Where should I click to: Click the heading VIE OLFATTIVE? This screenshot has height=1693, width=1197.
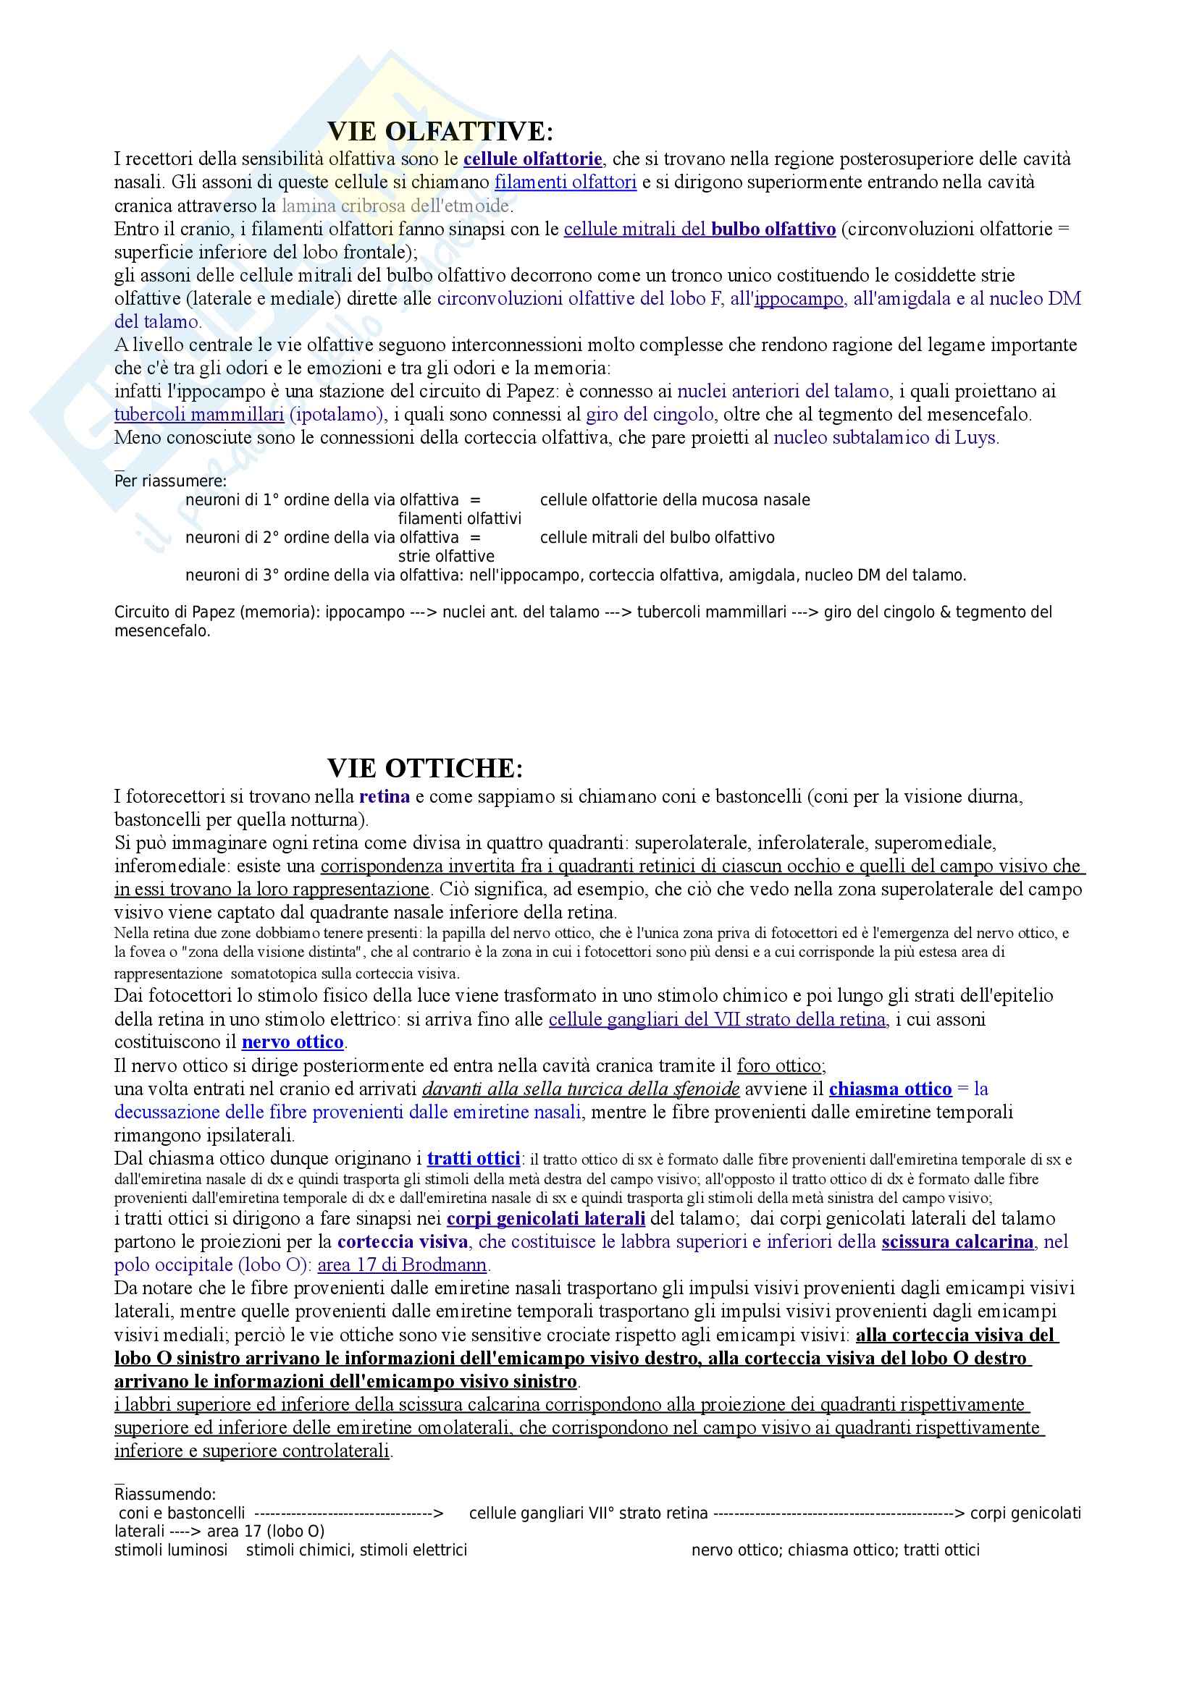tap(440, 131)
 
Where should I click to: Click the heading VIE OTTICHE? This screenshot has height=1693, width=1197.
tap(425, 769)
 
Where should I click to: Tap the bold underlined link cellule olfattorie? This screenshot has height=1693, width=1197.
tap(532, 159)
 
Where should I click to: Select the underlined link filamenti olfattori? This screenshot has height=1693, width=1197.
tap(565, 182)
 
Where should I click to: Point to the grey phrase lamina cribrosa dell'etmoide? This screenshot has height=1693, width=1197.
tap(395, 206)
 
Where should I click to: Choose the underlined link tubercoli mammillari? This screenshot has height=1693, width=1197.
tap(199, 415)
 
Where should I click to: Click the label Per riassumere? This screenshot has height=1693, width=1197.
tap(170, 481)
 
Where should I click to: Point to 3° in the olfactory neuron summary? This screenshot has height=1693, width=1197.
tap(271, 575)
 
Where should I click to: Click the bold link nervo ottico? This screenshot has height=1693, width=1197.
tap(293, 1042)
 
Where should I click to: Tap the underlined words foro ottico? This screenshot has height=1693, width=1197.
tap(779, 1065)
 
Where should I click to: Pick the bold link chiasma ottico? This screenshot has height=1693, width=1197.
tap(890, 1089)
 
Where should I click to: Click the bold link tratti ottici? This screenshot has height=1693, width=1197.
tap(474, 1158)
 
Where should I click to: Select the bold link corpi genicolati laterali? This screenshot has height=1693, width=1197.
tap(546, 1219)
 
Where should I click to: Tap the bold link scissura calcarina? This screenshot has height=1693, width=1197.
tap(957, 1242)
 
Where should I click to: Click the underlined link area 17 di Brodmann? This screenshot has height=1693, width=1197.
tap(402, 1265)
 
